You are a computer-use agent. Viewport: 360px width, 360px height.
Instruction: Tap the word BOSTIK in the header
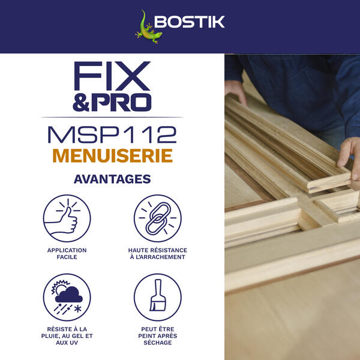(x=189, y=22)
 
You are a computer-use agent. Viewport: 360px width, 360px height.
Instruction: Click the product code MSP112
(x=112, y=133)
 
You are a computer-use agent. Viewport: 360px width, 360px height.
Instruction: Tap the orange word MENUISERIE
(x=112, y=155)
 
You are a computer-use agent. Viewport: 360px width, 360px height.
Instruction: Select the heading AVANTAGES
(x=112, y=179)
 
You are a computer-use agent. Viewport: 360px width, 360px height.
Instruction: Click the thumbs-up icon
(x=67, y=219)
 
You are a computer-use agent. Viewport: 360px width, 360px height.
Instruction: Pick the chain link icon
(x=157, y=219)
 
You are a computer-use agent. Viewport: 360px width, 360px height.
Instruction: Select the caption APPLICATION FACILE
(x=67, y=253)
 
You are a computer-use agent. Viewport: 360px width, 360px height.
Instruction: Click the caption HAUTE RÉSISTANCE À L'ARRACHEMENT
(x=157, y=253)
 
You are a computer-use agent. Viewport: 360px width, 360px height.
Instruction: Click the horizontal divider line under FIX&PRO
(x=112, y=116)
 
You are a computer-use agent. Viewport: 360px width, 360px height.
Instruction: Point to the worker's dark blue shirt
(x=300, y=78)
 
